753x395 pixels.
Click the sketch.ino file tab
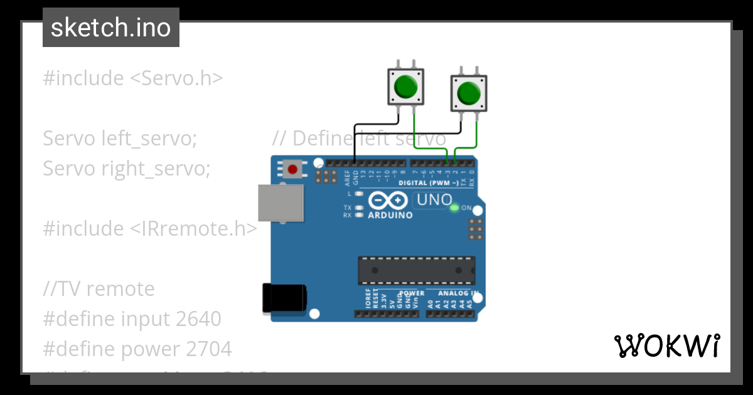pos(111,28)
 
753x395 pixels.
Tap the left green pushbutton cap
pos(405,87)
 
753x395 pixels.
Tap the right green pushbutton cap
pos(468,93)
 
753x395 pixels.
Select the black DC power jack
pos(284,298)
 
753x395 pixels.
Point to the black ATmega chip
pos(416,270)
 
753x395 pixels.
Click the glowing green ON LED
pos(454,208)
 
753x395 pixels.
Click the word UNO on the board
pos(434,200)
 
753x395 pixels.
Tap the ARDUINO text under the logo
pos(390,215)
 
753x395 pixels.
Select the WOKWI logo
pos(666,345)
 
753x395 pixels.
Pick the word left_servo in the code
pos(149,138)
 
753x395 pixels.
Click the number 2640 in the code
pos(198,319)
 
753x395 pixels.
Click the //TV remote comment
pos(99,289)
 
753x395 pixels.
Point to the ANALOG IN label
pos(457,293)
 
